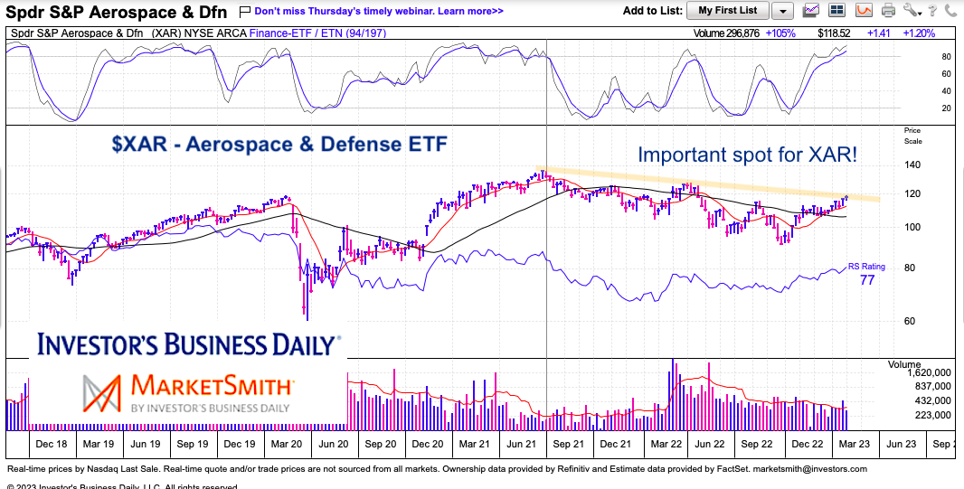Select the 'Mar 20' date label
287,444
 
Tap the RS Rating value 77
867,281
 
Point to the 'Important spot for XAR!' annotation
747,155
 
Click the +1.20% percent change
918,33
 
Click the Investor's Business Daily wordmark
187,345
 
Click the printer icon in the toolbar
889,11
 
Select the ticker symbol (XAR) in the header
170,33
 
